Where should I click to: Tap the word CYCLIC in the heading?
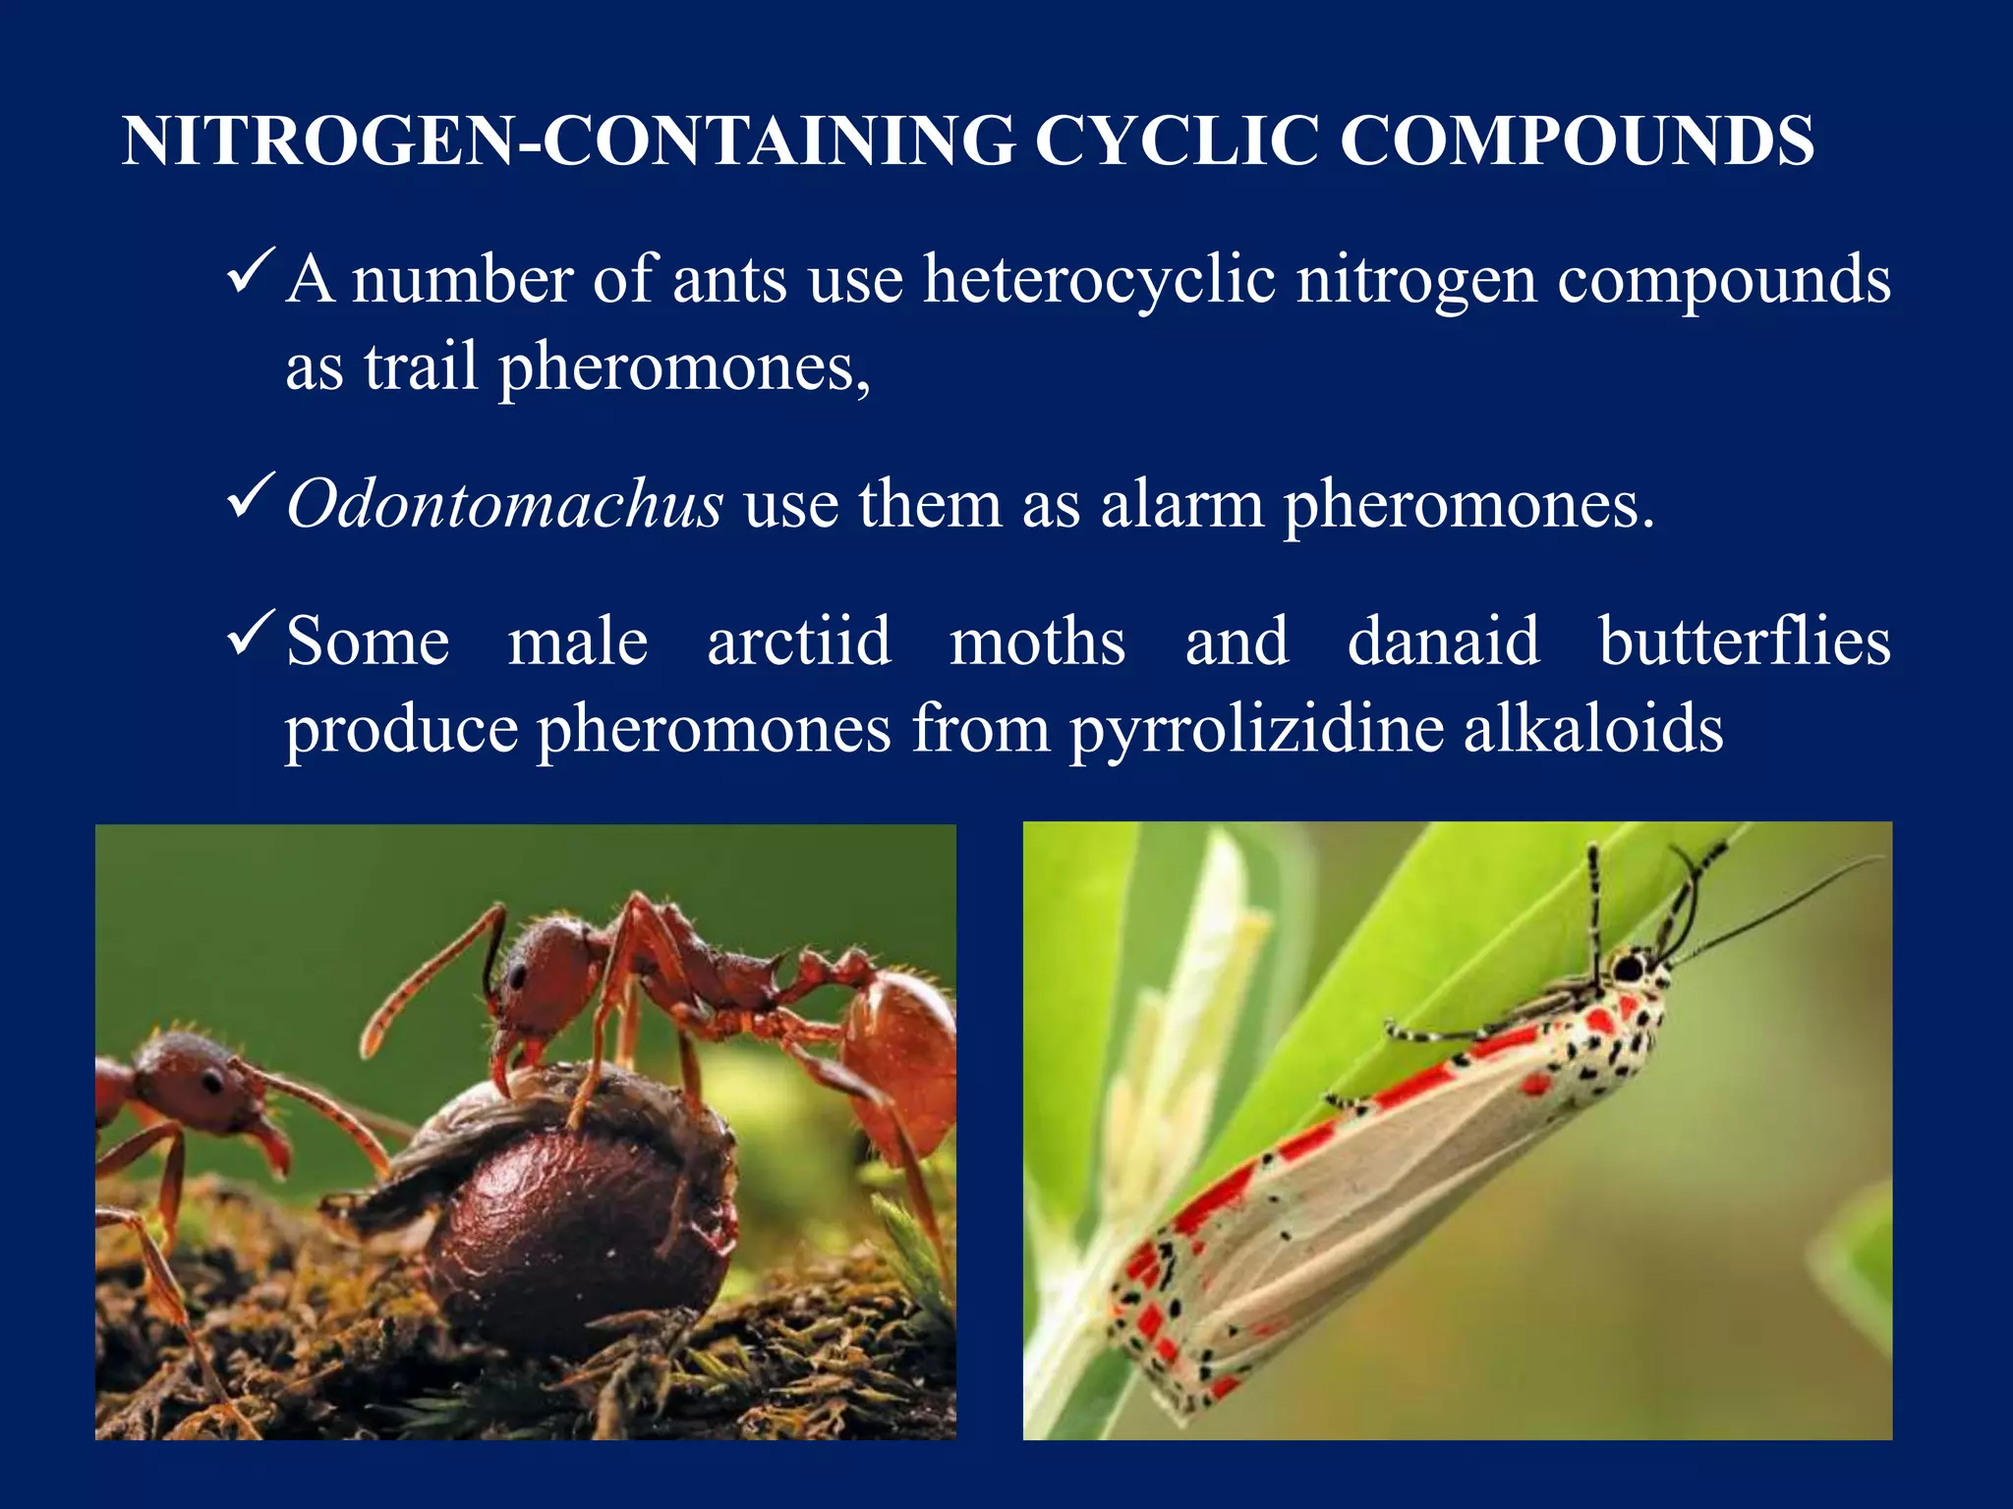tap(1177, 140)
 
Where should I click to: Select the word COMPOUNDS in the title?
tap(1577, 140)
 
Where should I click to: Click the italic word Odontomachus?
tap(504, 504)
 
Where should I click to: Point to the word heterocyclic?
tap(1098, 280)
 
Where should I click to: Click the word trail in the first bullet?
tap(421, 366)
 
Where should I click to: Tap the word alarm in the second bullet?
tap(1181, 504)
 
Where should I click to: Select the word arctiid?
tap(799, 642)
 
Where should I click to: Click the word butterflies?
tap(1745, 642)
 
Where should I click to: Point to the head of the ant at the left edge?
tap(192, 1081)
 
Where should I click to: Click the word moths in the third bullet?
tap(1037, 642)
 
